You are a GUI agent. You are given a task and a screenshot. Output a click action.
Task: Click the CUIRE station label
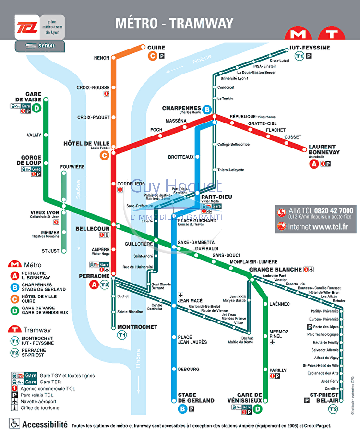coord(156,48)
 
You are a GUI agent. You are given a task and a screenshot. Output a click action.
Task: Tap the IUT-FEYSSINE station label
coord(310,48)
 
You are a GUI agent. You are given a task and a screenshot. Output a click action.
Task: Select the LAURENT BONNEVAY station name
coord(324,149)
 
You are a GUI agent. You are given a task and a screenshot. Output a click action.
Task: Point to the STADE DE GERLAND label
coord(196,397)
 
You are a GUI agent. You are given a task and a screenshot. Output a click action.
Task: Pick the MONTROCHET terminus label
coord(137,327)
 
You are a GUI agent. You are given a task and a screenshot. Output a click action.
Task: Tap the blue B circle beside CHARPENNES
coord(207,110)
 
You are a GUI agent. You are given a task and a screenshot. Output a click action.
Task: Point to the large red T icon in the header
coord(331,35)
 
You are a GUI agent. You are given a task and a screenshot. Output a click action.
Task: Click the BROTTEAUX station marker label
coord(181,157)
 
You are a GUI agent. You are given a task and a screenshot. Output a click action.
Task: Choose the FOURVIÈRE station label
coord(72,167)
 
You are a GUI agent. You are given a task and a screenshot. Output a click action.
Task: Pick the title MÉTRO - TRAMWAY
coord(174,24)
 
